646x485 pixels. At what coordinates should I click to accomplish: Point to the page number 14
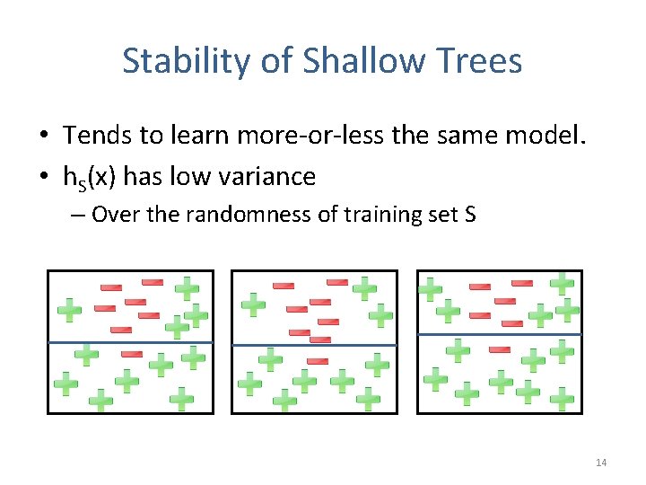[x=601, y=463]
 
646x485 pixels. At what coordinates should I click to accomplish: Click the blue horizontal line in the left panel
[x=131, y=342]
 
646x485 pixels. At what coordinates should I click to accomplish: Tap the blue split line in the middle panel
[x=314, y=344]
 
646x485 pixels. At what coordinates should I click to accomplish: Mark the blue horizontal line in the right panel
[x=500, y=334]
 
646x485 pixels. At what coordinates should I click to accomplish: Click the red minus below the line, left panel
[x=132, y=354]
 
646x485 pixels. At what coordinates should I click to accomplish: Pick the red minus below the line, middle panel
[x=318, y=361]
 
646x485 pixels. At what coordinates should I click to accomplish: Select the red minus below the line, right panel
[x=500, y=349]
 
